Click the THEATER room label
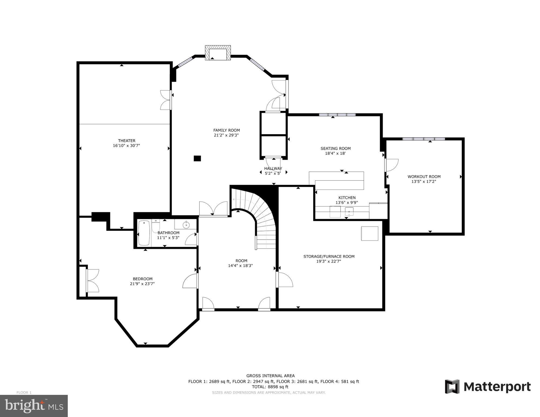pos(126,141)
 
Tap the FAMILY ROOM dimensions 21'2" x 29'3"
pos(226,135)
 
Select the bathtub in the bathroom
pos(144,233)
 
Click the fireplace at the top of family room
pos(218,53)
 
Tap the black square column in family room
pos(197,158)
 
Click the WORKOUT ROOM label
pos(424,177)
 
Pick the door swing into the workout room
pos(391,165)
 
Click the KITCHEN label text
pos(347,198)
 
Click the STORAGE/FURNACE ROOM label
pos(329,256)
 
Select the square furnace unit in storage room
pos(370,233)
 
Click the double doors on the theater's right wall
pos(166,100)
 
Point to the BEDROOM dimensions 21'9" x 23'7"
pos(142,284)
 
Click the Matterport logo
pos(488,387)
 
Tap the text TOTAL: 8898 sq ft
pos(270,387)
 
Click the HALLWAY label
pos(273,168)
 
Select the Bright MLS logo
pos(34,406)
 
